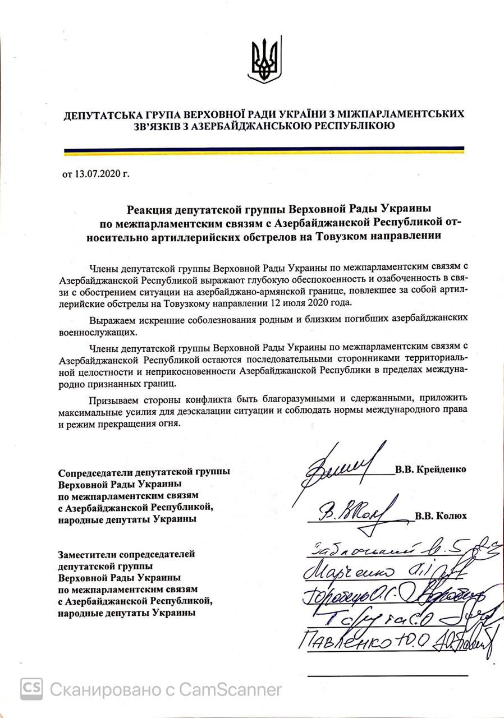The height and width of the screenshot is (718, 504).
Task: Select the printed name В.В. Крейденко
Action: [x=430, y=470]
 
